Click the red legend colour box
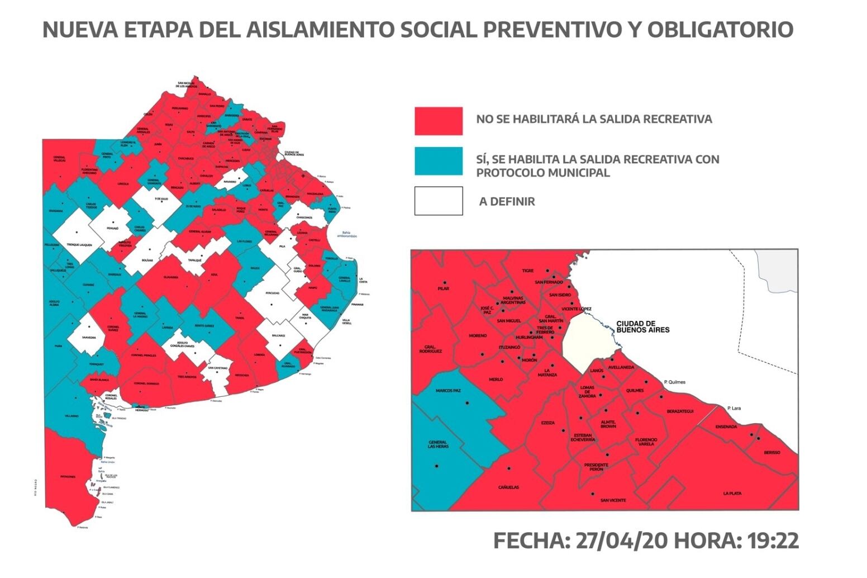pyautogui.click(x=439, y=121)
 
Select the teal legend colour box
pyautogui.click(x=439, y=161)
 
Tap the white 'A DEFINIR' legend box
pyautogui.click(x=439, y=201)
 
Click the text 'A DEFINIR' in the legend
pyautogui.click(x=507, y=202)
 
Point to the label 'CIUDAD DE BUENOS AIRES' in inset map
pyautogui.click(x=642, y=326)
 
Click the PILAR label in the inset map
pyautogui.click(x=443, y=288)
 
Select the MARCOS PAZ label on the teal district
pyautogui.click(x=448, y=390)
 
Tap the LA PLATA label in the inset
pyautogui.click(x=732, y=494)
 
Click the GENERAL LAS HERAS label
pyautogui.click(x=438, y=444)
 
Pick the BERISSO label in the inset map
pyautogui.click(x=772, y=452)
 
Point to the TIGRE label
pyautogui.click(x=528, y=271)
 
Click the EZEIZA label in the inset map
pyautogui.click(x=548, y=423)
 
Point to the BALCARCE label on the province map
pyautogui.click(x=278, y=335)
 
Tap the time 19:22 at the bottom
pyautogui.click(x=770, y=541)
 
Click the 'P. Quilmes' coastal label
pyautogui.click(x=674, y=382)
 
